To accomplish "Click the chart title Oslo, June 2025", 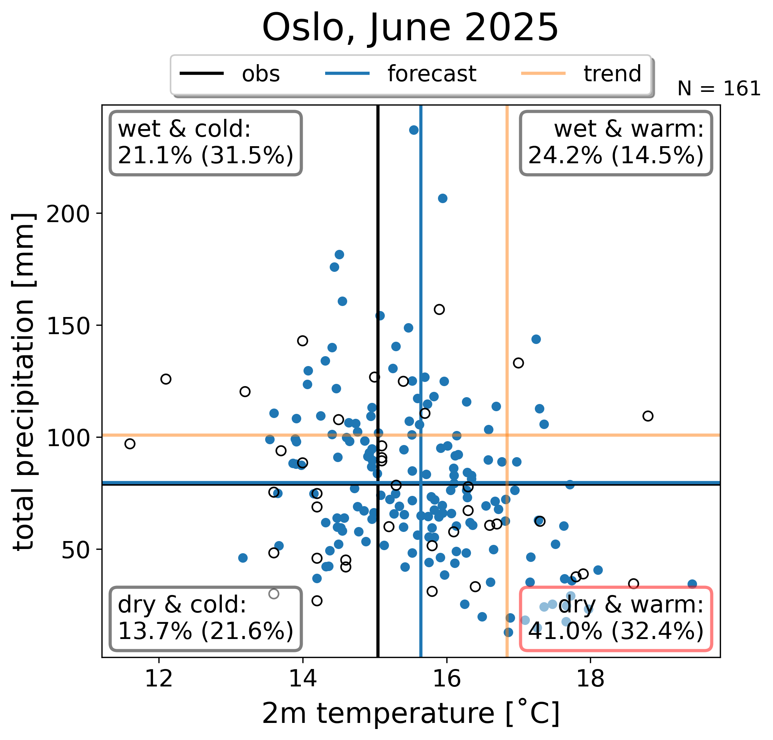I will click(x=410, y=28).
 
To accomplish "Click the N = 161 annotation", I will click(x=719, y=89).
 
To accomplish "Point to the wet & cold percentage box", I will click(x=206, y=143).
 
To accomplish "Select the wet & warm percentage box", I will click(x=616, y=143).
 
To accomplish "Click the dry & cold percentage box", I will click(x=206, y=619).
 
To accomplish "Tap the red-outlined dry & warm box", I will click(x=616, y=619).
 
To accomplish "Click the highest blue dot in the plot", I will click(x=414, y=130).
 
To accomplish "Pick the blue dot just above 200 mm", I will click(x=443, y=198).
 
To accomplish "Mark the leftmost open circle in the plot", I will click(x=130, y=444).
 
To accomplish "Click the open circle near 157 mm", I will click(x=439, y=309).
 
